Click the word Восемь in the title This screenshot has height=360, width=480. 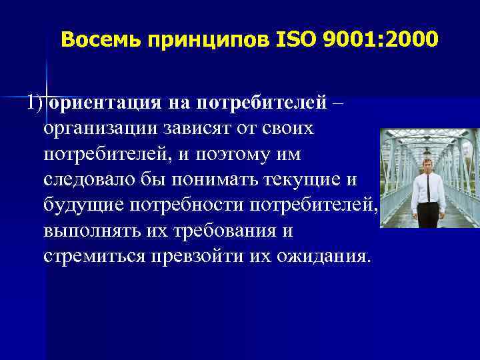101,41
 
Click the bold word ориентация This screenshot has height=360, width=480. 103,103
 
